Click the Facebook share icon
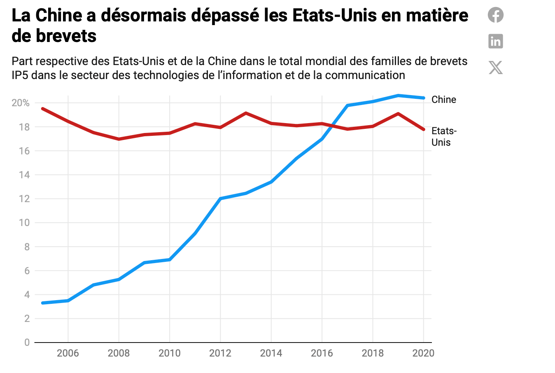coord(496,15)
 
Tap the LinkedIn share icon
coord(496,41)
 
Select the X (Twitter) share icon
coord(496,68)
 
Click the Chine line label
coord(443,100)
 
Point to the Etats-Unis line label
coord(443,137)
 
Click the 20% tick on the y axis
coord(21,103)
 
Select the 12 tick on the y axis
coord(24,199)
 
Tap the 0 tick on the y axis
coord(27,343)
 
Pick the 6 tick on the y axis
coord(27,271)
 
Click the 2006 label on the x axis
coord(68,353)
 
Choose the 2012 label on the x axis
coord(220,353)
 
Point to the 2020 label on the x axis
coord(424,353)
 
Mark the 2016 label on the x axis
coord(322,353)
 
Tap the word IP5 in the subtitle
coord(20,75)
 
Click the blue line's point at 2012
coord(221,198)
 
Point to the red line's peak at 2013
coord(246,113)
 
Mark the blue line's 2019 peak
coord(398,96)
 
